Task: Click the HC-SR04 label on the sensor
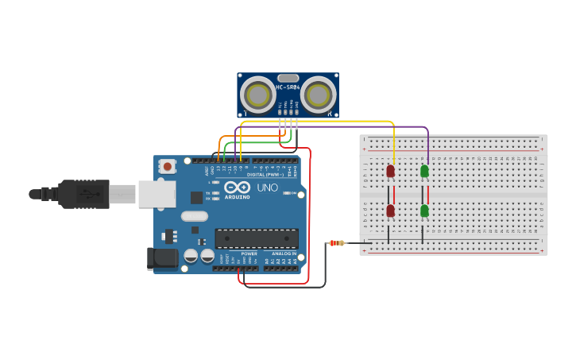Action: tap(288, 87)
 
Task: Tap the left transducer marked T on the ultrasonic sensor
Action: tap(257, 95)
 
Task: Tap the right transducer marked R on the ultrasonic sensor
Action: tap(318, 95)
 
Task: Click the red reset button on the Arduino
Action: tap(168, 166)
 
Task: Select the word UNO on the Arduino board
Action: tap(267, 188)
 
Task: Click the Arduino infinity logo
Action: tap(237, 188)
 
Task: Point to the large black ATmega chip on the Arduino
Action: tap(257, 238)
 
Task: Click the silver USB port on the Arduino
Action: tap(157, 194)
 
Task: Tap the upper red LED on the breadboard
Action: tap(390, 171)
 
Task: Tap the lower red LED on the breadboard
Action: tap(390, 211)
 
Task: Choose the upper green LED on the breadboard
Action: tap(424, 171)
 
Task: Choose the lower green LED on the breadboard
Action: tap(424, 211)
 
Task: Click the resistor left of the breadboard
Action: tap(338, 242)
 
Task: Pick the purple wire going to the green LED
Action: tap(428, 143)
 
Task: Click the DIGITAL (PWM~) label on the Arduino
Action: tap(263, 174)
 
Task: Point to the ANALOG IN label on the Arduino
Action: tap(284, 254)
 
